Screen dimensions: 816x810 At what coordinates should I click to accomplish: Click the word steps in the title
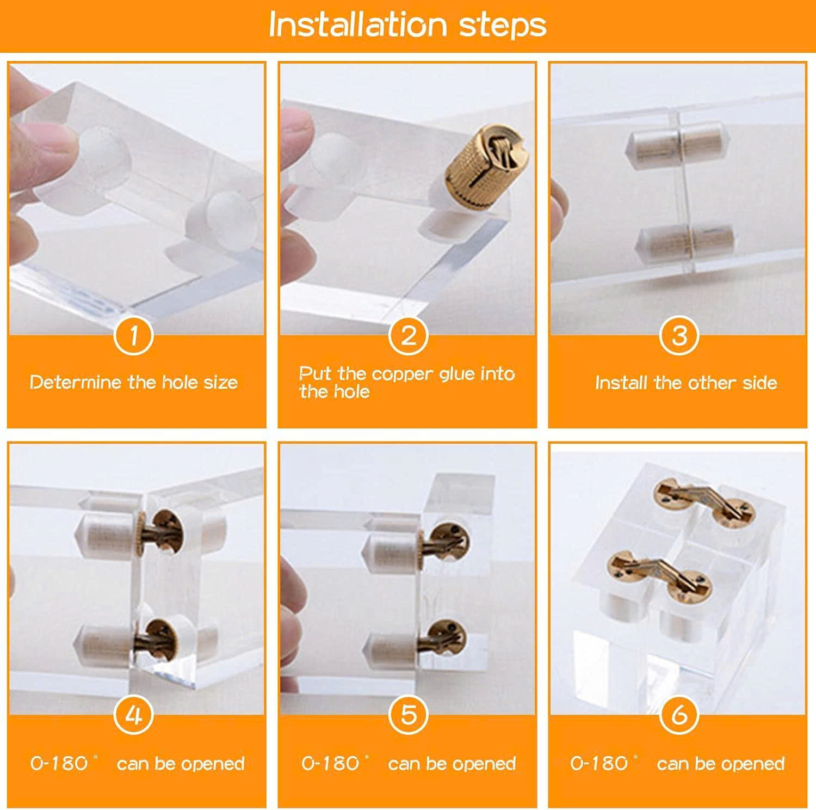[503, 26]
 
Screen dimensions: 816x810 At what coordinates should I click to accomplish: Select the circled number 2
[407, 336]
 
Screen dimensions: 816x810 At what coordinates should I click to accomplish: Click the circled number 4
[134, 715]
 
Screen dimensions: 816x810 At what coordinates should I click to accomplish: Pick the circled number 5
[407, 715]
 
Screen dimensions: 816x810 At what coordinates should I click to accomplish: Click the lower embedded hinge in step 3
[685, 243]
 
